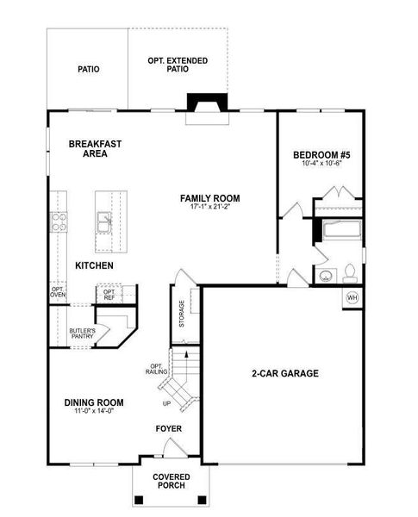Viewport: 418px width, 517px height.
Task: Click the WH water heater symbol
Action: pos(352,298)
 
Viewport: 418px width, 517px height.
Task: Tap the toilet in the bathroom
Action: pos(350,274)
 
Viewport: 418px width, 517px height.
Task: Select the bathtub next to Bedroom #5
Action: pos(343,229)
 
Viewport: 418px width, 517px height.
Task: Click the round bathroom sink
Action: pos(326,276)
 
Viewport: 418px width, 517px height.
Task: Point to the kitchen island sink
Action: pos(104,222)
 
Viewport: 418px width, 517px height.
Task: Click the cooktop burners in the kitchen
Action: pos(59,222)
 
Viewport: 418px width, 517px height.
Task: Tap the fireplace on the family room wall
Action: pos(207,103)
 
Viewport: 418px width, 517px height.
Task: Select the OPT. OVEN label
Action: pos(58,292)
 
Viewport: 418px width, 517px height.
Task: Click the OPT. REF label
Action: pos(109,295)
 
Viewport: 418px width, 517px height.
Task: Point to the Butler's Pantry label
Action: pos(83,333)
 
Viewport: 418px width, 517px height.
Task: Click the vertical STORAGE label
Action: pos(182,314)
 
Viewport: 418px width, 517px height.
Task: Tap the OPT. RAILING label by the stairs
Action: pos(156,369)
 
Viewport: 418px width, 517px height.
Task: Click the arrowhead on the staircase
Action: pos(186,354)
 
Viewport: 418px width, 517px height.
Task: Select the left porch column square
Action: pos(140,500)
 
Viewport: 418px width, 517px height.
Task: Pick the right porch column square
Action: pos(202,500)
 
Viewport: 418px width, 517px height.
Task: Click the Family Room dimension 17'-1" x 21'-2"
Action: pos(210,207)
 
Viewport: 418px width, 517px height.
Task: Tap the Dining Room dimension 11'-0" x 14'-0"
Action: pos(94,411)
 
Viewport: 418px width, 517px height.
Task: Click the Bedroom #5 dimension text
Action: pos(321,163)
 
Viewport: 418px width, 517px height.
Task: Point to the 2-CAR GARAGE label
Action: pos(285,373)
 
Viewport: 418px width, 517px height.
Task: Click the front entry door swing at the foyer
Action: pos(175,446)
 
